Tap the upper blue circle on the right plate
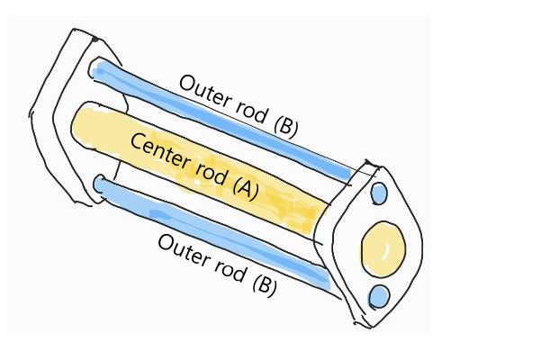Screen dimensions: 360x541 pyautogui.click(x=379, y=193)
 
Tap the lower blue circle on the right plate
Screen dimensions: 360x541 pyautogui.click(x=379, y=295)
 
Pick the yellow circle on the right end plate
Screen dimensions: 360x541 pyautogui.click(x=383, y=248)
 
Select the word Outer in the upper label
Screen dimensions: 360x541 pyautogui.click(x=203, y=91)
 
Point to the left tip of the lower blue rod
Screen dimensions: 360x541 pyautogui.click(x=100, y=184)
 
